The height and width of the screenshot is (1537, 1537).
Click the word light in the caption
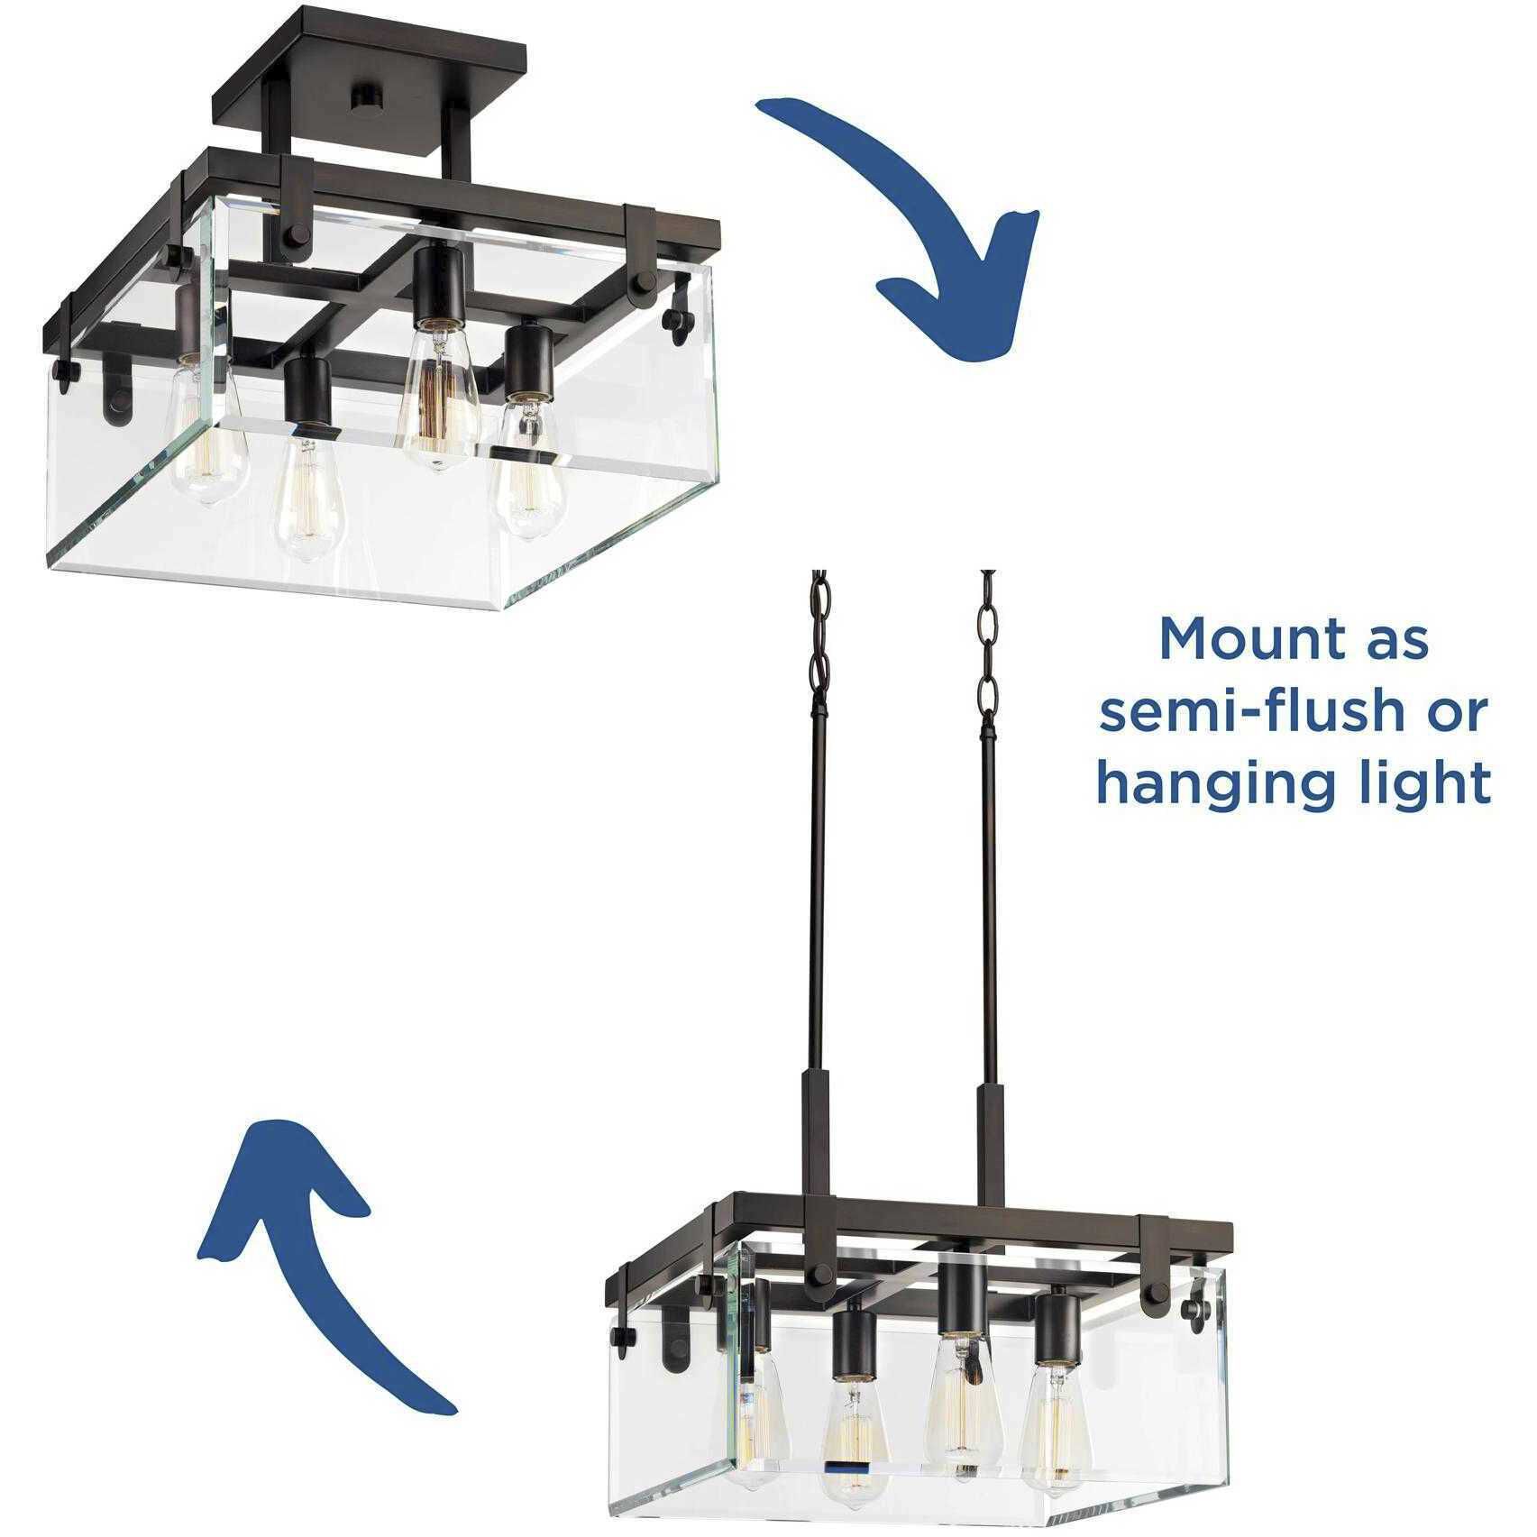tap(1413, 782)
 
